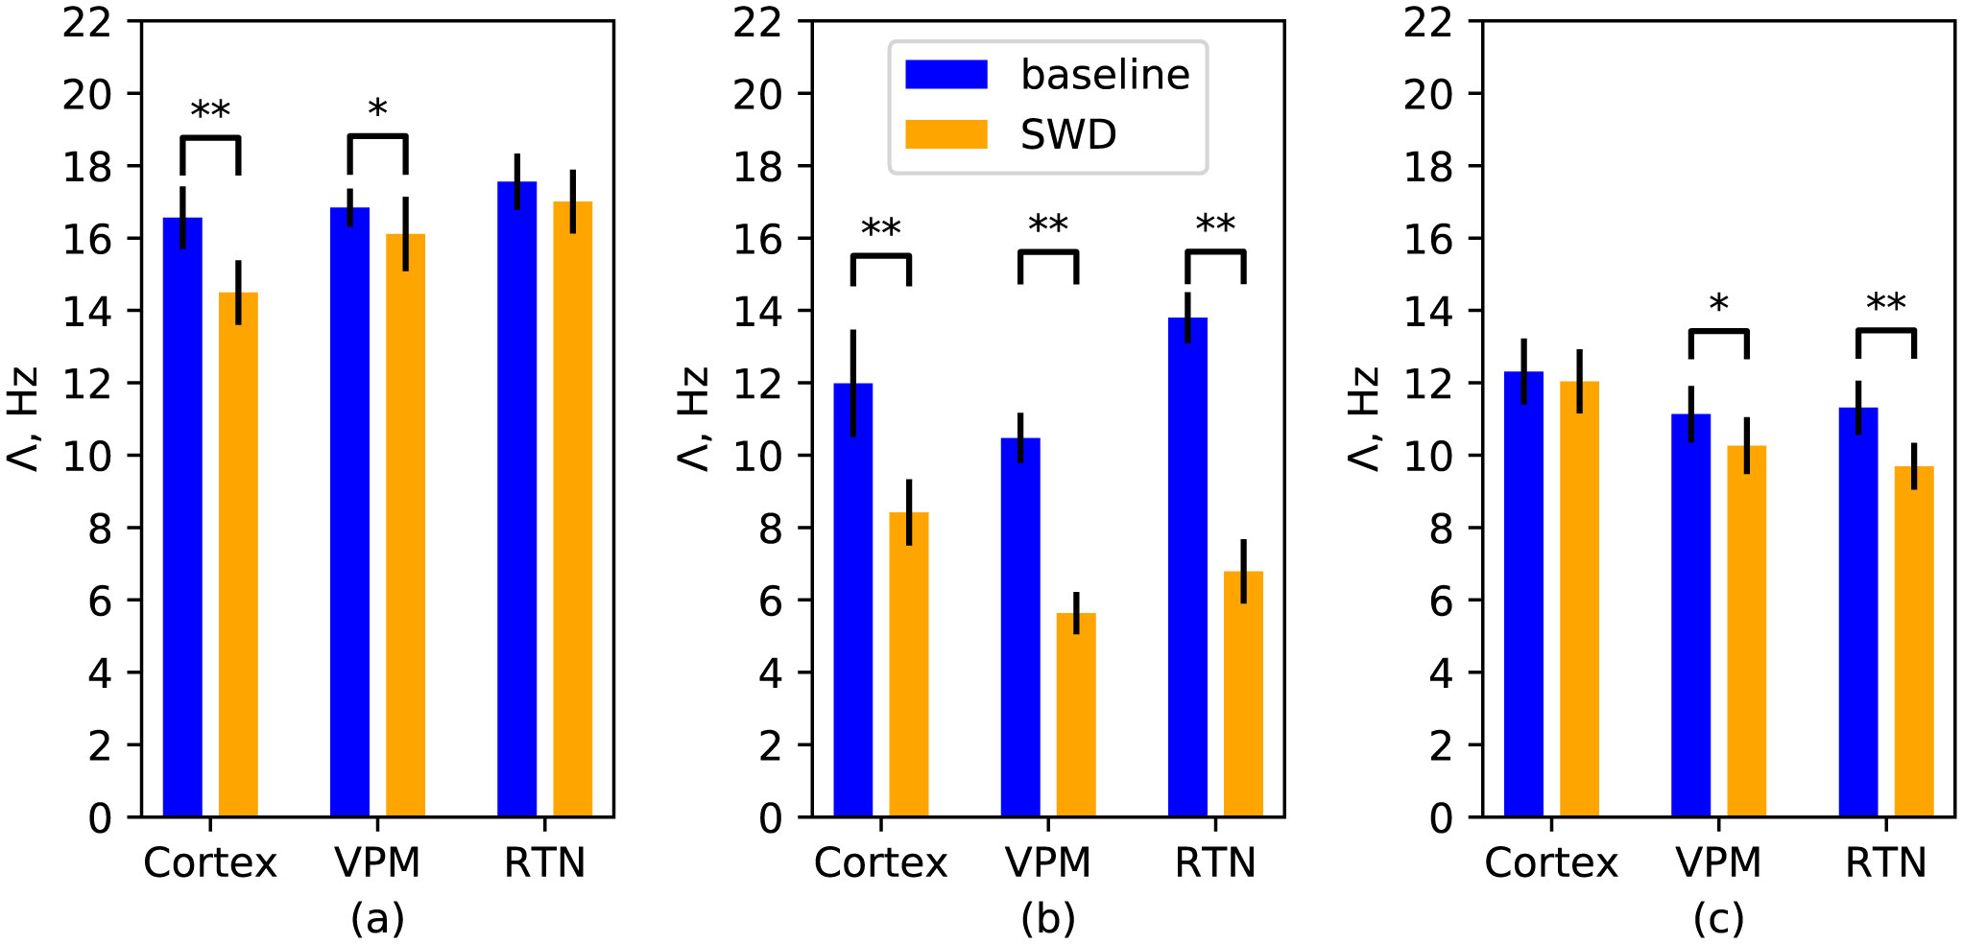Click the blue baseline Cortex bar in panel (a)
[182, 518]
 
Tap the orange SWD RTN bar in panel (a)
[572, 508]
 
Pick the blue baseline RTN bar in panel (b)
[1187, 566]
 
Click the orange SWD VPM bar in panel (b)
[1076, 715]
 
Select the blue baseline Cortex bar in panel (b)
[852, 600]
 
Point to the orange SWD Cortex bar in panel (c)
[1579, 600]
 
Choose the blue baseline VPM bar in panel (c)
[1690, 614]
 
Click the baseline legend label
[1105, 75]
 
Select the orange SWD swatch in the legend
[946, 134]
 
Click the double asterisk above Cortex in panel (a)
[210, 111]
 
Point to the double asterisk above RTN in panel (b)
[1215, 226]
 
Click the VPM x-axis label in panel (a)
[377, 863]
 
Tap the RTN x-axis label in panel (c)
[1885, 863]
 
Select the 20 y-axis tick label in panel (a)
[87, 95]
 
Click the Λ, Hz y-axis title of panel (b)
[694, 419]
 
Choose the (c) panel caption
[1718, 919]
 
